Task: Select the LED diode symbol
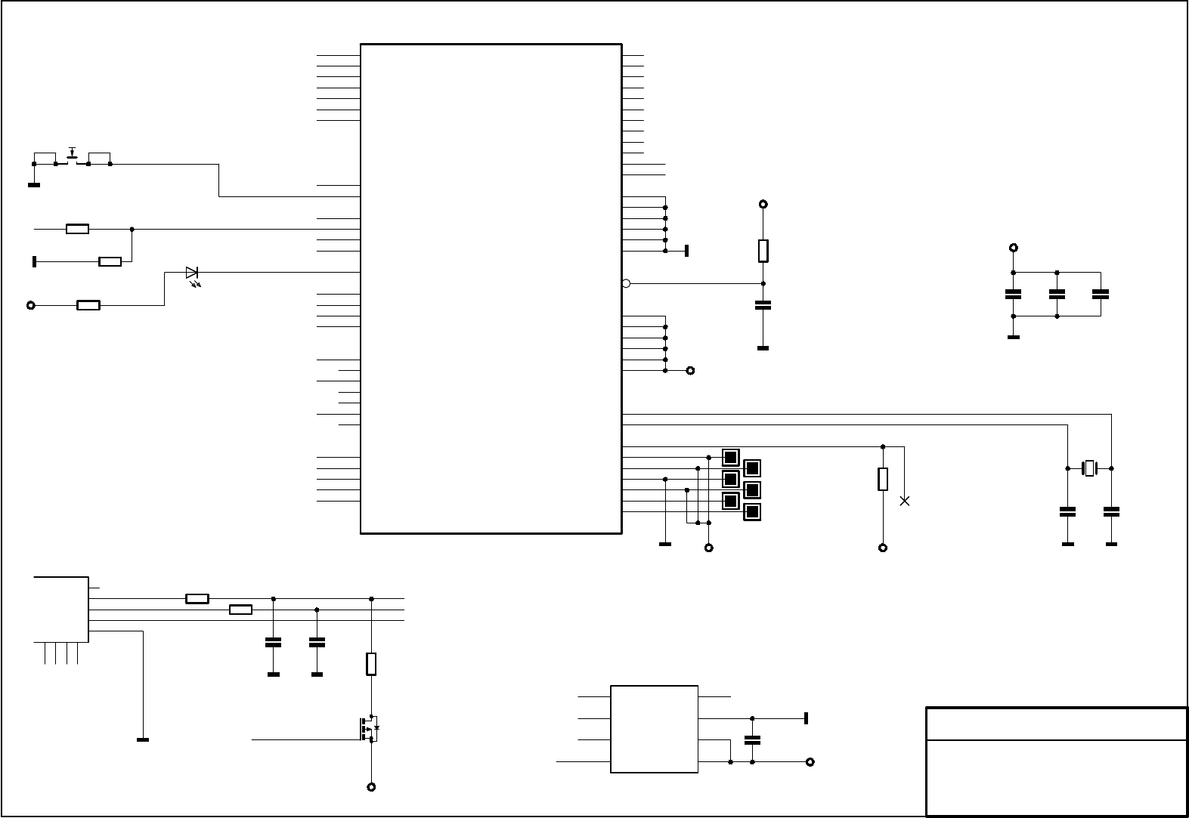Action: (x=192, y=273)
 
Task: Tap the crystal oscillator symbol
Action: (x=1089, y=468)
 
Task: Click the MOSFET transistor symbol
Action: (x=370, y=729)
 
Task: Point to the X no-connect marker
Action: (x=904, y=501)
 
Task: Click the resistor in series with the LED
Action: (x=88, y=305)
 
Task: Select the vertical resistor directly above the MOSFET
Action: (x=371, y=664)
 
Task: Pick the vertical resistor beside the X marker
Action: (x=882, y=479)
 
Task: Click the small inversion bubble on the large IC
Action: (x=626, y=283)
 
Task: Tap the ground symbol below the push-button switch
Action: (x=34, y=184)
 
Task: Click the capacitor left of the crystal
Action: (x=1067, y=511)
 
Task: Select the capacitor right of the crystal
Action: (x=1111, y=511)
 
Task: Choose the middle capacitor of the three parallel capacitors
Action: (x=1057, y=294)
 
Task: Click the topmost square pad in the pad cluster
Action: (x=730, y=457)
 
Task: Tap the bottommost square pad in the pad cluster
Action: (x=751, y=512)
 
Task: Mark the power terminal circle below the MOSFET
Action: (x=371, y=787)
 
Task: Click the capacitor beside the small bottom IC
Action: (x=752, y=740)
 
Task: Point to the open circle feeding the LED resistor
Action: (x=31, y=305)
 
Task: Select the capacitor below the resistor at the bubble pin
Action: (x=763, y=305)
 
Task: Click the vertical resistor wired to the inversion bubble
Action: (x=763, y=251)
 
